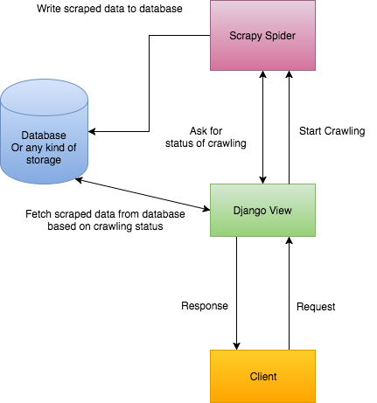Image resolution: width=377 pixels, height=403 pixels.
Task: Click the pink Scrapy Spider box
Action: [262, 36]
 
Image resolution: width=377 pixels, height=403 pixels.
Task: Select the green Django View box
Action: [262, 209]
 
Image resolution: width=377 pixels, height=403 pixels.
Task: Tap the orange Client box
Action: [262, 376]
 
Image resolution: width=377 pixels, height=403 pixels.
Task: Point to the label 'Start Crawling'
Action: [332, 131]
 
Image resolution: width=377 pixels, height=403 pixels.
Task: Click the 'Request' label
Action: [317, 307]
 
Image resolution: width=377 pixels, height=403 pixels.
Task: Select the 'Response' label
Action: [204, 307]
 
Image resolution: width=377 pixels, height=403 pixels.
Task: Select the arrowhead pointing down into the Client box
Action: [236, 345]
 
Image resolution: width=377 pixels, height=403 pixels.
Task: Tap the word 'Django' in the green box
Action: [248, 209]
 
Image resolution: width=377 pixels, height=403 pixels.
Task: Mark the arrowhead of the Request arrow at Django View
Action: [288, 240]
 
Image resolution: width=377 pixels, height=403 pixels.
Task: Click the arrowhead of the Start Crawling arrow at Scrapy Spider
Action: [288, 75]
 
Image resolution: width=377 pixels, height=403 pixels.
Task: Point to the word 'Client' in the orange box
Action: [262, 376]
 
